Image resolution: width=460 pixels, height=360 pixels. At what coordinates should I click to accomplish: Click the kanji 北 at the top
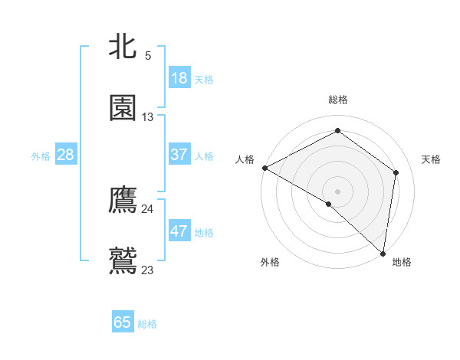pos(123,47)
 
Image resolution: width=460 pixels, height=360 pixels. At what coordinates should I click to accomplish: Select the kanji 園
pos(123,108)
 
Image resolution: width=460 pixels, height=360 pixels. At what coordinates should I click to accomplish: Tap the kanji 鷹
pos(123,201)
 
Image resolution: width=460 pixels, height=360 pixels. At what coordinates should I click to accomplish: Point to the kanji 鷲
pos(123,260)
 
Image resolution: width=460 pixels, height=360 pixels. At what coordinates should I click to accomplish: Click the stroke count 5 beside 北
pos(148,56)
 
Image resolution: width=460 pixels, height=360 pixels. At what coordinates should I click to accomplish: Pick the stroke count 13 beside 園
pos(148,117)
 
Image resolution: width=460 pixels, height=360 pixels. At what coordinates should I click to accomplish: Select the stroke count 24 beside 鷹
pos(148,209)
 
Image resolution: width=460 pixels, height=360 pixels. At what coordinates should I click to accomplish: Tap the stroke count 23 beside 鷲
pos(148,270)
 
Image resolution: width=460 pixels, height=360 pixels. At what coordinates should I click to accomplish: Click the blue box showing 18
pos(179,78)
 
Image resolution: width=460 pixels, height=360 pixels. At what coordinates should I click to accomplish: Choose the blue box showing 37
pos(179,155)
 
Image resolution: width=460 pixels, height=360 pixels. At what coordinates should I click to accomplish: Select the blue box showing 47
pos(179,231)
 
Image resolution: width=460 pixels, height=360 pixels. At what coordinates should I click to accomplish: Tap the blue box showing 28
pos(66,155)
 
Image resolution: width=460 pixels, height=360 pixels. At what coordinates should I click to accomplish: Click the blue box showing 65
pos(123,322)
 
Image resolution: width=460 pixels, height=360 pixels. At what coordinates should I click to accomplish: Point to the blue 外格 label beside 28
pos(41,156)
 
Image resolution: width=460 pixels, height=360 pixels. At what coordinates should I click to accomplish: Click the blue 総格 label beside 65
pos(147,324)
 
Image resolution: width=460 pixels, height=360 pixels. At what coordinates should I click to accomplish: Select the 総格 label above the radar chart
pos(337,100)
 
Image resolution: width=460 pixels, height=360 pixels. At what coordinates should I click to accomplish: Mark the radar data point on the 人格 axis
pos(264,167)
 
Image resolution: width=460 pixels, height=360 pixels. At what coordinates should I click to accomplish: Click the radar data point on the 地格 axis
pos(383,253)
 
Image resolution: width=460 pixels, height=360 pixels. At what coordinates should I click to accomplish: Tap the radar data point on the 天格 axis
pos(396,172)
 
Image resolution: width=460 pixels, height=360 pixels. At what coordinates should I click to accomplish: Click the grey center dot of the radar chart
pos(337,191)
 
